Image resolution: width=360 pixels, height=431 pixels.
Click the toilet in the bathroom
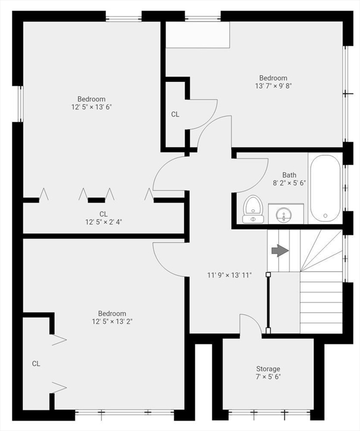click(253, 209)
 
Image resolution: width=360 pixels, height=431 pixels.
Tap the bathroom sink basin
click(284, 215)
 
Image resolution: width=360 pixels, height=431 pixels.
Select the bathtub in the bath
click(325, 188)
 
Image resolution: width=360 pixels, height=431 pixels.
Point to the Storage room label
click(268, 369)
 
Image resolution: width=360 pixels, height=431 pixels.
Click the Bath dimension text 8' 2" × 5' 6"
click(289, 183)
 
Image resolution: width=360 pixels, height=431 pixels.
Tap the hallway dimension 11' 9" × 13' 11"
click(229, 275)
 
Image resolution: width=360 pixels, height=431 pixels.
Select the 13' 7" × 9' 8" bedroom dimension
click(274, 86)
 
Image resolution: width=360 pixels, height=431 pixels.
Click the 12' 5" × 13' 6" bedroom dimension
click(92, 107)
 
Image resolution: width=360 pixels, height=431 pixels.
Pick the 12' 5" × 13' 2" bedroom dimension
click(112, 322)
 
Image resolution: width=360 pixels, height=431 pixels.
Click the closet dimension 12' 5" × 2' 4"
click(103, 222)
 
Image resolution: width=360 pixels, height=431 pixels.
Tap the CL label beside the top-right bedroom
click(175, 114)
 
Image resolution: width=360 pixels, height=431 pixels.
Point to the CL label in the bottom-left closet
click(36, 364)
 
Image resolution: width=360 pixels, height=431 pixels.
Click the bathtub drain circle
click(325, 215)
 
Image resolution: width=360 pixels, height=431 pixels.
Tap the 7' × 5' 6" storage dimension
click(268, 377)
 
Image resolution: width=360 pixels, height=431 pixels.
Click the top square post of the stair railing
click(268, 274)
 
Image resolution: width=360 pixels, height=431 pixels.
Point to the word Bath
click(289, 175)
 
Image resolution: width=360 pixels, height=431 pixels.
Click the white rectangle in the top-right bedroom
click(198, 35)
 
